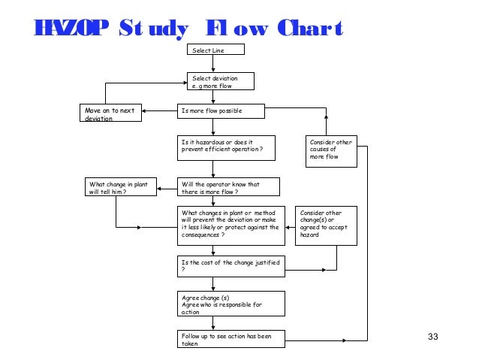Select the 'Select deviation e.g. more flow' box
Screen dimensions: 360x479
click(x=221, y=80)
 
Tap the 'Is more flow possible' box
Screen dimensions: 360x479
click(x=221, y=112)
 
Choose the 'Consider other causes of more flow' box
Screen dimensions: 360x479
click(x=330, y=149)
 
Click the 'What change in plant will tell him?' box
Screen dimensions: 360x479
click(x=120, y=186)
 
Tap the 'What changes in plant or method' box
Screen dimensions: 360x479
click(x=231, y=225)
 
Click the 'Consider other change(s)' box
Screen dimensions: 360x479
click(x=326, y=225)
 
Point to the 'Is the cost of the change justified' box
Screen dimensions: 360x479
click(x=231, y=265)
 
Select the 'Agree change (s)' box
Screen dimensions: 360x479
click(x=231, y=304)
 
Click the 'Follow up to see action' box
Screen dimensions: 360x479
click(x=231, y=339)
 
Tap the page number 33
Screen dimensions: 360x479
click(x=432, y=335)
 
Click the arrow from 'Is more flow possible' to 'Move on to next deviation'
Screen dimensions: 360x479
click(x=160, y=112)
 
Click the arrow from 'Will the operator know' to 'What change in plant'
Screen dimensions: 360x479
click(x=167, y=186)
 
